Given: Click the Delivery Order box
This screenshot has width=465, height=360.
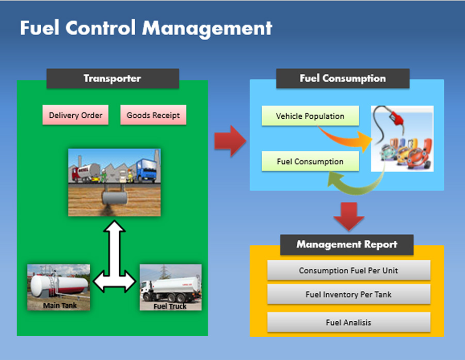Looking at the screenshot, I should pos(75,115).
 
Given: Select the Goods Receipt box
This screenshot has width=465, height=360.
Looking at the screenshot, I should pos(153,115).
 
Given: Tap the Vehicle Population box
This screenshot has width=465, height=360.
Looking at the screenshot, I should pos(310,116).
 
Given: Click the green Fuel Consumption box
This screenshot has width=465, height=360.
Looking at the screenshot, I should pos(310,161).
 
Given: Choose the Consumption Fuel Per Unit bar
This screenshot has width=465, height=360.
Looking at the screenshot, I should pos(348,270).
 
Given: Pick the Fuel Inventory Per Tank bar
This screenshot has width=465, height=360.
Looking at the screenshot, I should pos(348,294).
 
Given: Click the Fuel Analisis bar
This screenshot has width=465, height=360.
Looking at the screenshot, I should pos(348,322).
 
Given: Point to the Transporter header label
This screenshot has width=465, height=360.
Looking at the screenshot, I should pos(113,79).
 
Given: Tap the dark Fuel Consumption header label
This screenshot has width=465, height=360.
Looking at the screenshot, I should pos(343,79).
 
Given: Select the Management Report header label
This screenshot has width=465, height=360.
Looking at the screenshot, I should pos(347,244).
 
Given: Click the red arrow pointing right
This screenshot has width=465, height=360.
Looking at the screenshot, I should pos(230,140).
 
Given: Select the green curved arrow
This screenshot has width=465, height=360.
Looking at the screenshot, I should pos(356,183).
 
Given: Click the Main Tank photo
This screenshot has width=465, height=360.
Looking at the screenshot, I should pos(58,287).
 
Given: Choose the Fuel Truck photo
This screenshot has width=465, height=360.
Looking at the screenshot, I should pos(170,287).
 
